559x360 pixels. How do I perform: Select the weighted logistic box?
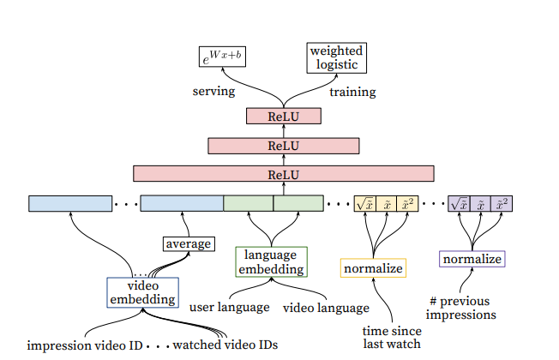click(335, 57)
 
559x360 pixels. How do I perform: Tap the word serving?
click(213, 90)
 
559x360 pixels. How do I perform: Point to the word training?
click(353, 90)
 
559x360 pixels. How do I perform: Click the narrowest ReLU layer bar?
click(282, 116)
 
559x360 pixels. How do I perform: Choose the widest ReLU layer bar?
click(283, 174)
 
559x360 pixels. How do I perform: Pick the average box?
click(188, 243)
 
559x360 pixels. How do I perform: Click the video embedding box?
click(142, 292)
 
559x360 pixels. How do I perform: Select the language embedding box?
click(270, 261)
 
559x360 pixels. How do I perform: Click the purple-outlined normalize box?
click(472, 258)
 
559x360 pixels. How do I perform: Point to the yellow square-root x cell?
click(365, 204)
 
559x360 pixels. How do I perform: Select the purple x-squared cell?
click(502, 204)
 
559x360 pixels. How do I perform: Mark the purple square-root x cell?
click(459, 204)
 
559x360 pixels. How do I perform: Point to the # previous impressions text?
click(461, 308)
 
